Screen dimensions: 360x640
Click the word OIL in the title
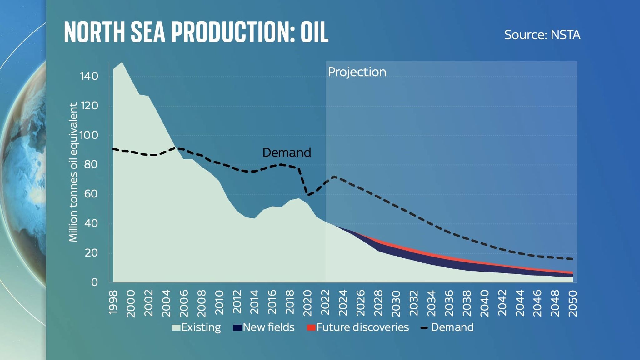[x=314, y=32]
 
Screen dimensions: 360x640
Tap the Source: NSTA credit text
[x=542, y=35]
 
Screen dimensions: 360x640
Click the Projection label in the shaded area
[x=357, y=72]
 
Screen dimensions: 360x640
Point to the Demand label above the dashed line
[x=287, y=152]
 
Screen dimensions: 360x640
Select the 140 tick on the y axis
[x=89, y=76]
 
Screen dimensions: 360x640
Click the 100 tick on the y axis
[x=89, y=135]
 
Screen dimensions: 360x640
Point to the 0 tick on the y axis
[x=94, y=282]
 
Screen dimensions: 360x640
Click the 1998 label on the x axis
[x=113, y=302]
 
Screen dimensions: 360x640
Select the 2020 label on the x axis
[x=308, y=302]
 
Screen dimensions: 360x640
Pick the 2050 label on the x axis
[x=573, y=302]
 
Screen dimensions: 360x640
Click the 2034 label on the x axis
[x=432, y=302]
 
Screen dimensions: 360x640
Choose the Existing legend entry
[x=197, y=327]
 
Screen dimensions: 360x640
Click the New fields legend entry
[x=264, y=327]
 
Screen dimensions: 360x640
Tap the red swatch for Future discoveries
[x=311, y=328]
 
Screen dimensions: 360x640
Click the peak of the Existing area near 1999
[x=122, y=62]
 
